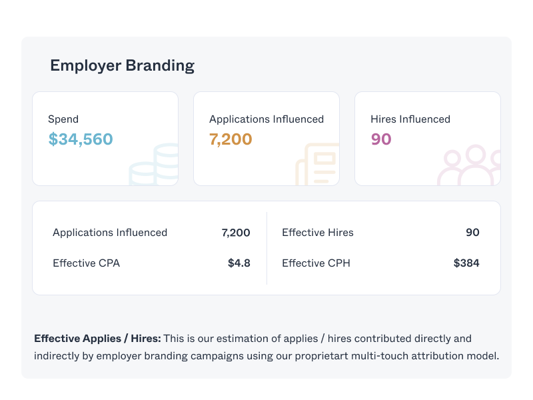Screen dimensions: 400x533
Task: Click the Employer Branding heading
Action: tap(122, 65)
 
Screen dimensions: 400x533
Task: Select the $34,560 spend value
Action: tap(81, 139)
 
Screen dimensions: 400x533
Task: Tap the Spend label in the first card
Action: tap(63, 119)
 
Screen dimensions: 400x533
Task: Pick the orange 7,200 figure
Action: tap(231, 139)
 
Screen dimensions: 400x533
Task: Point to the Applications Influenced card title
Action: tap(266, 119)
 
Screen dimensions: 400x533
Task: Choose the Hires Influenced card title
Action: tap(410, 119)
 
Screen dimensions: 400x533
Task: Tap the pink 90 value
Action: tap(381, 139)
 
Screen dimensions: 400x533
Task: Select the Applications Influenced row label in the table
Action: tap(110, 233)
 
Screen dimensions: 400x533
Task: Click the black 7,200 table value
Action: tap(236, 233)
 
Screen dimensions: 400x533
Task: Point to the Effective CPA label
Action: tap(87, 263)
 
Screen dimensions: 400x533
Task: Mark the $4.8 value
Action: tap(239, 263)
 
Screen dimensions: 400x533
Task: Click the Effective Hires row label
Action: tap(318, 233)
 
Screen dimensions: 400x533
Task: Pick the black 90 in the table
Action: tap(472, 233)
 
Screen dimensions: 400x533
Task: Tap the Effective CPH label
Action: tap(316, 263)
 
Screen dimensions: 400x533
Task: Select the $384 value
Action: tap(466, 263)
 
